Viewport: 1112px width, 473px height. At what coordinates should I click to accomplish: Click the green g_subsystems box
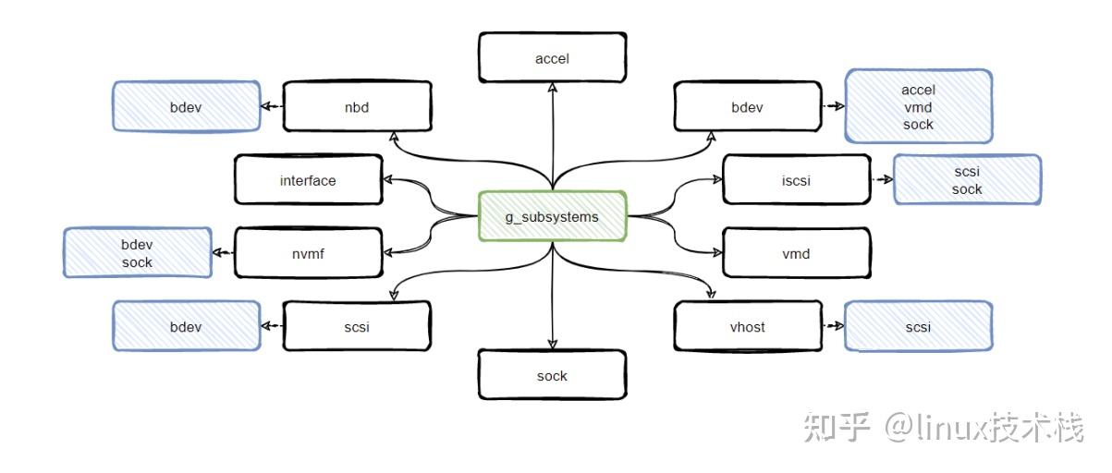click(553, 216)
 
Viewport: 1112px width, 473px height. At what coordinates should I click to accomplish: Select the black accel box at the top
click(552, 58)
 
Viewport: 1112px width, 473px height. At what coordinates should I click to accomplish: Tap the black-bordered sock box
click(552, 375)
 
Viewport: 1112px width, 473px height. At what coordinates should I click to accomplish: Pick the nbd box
click(357, 107)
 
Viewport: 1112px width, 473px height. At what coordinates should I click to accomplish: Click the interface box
click(308, 180)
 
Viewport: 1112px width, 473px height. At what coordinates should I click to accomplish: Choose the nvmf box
click(308, 253)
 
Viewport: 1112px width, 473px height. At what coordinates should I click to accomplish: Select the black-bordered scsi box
click(357, 326)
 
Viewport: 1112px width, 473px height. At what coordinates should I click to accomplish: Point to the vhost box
click(747, 326)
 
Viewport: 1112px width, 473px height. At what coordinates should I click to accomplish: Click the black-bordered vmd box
click(796, 253)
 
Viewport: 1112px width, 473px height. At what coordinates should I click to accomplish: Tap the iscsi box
click(796, 180)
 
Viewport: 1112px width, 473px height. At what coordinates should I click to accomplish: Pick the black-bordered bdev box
click(747, 107)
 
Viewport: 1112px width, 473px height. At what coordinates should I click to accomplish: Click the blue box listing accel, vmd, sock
click(918, 107)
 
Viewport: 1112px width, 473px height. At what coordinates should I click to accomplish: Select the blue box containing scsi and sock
click(967, 180)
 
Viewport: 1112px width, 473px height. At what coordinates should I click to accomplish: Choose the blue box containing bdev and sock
click(137, 253)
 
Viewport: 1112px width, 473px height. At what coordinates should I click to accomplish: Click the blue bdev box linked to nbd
click(186, 107)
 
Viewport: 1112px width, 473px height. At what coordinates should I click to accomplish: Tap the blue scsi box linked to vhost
click(918, 326)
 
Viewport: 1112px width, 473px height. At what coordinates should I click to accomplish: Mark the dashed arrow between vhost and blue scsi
click(833, 326)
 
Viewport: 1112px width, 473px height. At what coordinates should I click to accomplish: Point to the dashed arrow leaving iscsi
click(881, 180)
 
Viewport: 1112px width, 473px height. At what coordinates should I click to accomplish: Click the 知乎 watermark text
click(837, 427)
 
